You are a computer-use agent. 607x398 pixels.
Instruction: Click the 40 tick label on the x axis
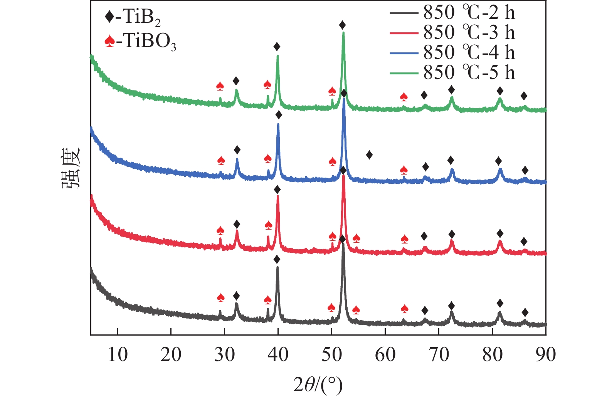[278, 354]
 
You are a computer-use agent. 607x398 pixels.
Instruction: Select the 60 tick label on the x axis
[385, 354]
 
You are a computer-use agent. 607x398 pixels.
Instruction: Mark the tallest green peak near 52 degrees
[343, 33]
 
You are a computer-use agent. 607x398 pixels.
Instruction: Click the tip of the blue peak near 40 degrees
[278, 124]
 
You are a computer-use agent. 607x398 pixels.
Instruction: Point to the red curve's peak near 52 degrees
[343, 176]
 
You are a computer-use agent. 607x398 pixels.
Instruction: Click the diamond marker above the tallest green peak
[342, 25]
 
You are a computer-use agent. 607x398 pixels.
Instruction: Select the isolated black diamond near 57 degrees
[369, 155]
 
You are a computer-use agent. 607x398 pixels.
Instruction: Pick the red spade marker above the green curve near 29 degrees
[220, 86]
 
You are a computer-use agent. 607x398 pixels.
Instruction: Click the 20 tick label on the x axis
[171, 354]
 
